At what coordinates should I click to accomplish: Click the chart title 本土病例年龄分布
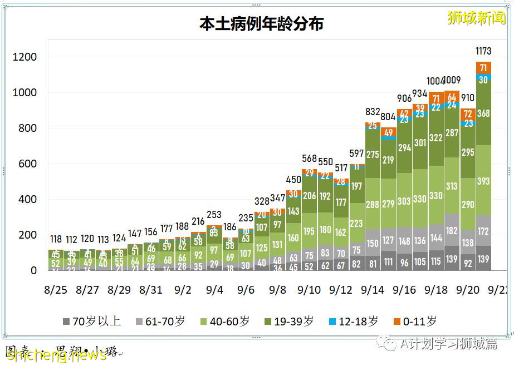pyautogui.click(x=262, y=24)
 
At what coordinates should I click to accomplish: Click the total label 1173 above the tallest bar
pyautogui.click(x=483, y=51)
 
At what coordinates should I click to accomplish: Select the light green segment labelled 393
pyautogui.click(x=483, y=181)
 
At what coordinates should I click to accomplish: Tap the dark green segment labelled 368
pyautogui.click(x=483, y=113)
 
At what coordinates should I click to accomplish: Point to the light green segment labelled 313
pyautogui.click(x=452, y=186)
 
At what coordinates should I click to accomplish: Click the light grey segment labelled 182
pyautogui.click(x=452, y=230)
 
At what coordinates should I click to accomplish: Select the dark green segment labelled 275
pyautogui.click(x=373, y=154)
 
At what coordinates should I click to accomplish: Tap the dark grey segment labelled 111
pyautogui.click(x=388, y=262)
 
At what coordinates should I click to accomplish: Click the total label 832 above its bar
pyautogui.click(x=373, y=112)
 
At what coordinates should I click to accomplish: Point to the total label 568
pyautogui.click(x=309, y=159)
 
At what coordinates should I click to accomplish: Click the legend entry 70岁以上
pyautogui.click(x=92, y=322)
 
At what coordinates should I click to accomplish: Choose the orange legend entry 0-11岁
pyautogui.click(x=416, y=322)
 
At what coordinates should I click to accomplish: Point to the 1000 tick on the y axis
pyautogui.click(x=25, y=92)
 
